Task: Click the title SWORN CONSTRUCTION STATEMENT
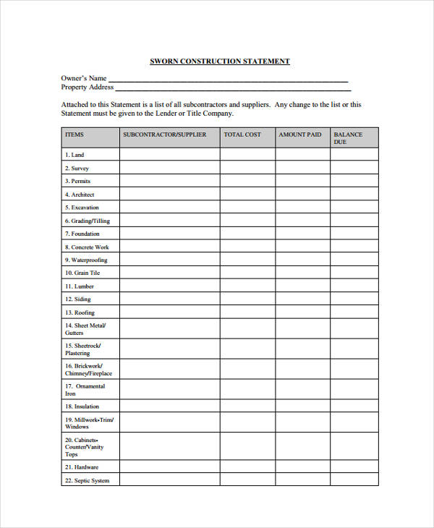(x=219, y=61)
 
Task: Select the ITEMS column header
(x=75, y=135)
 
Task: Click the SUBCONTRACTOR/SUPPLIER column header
(x=165, y=135)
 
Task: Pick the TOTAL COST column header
(x=242, y=135)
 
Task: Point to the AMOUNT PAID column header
(x=300, y=135)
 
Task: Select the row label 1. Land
(x=75, y=155)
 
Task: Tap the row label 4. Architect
(x=80, y=195)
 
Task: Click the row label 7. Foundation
(x=82, y=234)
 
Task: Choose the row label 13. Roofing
(x=80, y=312)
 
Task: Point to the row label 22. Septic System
(x=87, y=480)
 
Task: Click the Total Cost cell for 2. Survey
(x=247, y=168)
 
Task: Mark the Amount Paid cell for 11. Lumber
(x=302, y=286)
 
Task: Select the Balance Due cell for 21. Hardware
(x=354, y=467)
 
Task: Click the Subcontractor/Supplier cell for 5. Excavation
(x=169, y=208)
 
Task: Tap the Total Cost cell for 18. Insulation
(x=247, y=406)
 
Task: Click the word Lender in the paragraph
(x=181, y=114)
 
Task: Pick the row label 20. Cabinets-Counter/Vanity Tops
(x=84, y=447)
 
